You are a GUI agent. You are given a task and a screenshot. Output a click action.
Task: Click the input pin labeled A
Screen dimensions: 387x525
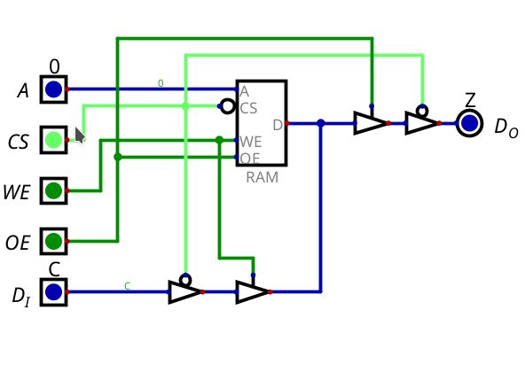click(53, 89)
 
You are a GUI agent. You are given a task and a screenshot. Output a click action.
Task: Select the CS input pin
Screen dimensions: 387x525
click(53, 139)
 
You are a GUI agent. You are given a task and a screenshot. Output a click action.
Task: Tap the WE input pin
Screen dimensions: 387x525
click(53, 190)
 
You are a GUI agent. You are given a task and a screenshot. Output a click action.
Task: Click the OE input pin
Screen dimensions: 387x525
click(53, 241)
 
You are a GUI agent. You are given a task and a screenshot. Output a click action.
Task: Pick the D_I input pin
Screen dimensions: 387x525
click(53, 291)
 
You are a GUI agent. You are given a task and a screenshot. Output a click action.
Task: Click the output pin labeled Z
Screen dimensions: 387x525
click(470, 123)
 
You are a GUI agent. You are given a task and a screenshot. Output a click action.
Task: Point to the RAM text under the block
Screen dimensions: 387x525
click(262, 177)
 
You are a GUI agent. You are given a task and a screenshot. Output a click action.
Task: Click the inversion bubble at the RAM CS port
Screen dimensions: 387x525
click(228, 106)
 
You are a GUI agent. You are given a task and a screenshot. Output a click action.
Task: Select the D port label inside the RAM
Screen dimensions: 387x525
click(277, 125)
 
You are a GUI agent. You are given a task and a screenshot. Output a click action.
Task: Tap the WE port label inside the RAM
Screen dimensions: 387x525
click(250, 142)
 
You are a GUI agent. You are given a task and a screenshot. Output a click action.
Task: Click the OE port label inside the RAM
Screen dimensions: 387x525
click(250, 158)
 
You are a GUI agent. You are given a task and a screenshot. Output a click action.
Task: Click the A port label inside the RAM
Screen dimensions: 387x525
click(244, 91)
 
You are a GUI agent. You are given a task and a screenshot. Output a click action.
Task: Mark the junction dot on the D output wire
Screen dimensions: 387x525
click(320, 123)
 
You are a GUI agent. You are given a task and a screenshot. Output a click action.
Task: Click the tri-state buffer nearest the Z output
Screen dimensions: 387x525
click(421, 123)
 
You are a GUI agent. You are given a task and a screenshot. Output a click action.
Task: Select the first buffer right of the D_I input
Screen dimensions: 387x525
click(184, 291)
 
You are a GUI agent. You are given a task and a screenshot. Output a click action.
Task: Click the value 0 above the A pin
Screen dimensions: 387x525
click(54, 66)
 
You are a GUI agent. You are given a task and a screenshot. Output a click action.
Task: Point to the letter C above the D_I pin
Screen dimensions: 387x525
click(54, 269)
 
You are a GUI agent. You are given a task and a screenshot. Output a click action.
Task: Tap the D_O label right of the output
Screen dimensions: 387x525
click(505, 128)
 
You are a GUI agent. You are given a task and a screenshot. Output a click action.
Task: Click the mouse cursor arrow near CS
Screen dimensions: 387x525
click(79, 135)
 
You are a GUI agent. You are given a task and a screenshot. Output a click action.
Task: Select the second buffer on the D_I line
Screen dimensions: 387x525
click(252, 291)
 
